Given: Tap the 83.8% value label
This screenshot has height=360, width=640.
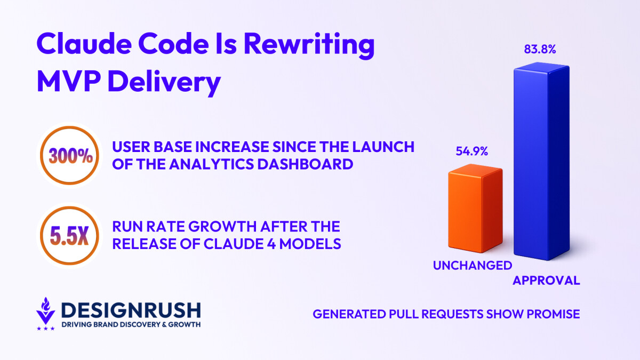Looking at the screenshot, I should click(541, 50).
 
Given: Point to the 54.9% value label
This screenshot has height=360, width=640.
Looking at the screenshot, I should click(471, 151).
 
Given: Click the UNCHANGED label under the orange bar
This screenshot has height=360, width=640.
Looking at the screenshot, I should click(472, 265).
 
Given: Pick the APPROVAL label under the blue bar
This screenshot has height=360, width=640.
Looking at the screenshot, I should click(546, 281).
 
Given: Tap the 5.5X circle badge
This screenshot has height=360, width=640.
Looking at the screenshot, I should click(68, 236).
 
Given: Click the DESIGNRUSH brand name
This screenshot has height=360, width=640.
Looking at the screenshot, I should click(131, 310).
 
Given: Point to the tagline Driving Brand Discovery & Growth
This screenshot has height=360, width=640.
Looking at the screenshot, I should click(131, 325).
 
